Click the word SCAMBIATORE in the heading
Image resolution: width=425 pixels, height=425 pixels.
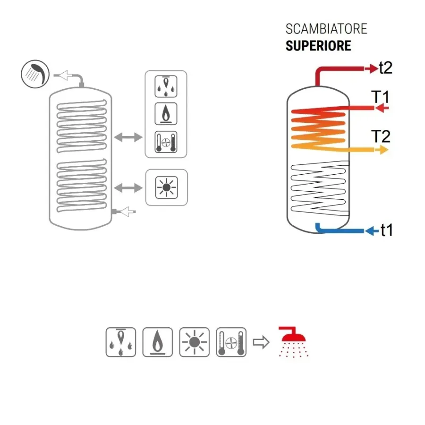(326, 29)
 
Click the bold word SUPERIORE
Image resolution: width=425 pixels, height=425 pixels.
(318, 46)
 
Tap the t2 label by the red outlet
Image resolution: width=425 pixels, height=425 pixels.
(386, 68)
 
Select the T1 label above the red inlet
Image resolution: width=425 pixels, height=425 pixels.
(380, 97)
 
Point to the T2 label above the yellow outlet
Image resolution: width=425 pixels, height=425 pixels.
(381, 136)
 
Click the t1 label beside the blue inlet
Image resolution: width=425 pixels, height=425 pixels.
(386, 230)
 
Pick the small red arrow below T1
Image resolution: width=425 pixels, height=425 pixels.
(382, 108)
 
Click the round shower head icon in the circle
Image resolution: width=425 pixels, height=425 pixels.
(35, 74)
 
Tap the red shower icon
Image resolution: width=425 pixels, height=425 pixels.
(294, 342)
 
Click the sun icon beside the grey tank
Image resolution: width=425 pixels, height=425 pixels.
(166, 187)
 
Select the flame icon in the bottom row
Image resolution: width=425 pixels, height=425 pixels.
(157, 342)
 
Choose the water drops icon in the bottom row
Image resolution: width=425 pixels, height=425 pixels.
(120, 342)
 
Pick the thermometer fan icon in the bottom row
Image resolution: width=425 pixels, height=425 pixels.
(231, 342)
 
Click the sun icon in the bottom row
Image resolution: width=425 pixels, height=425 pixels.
(195, 342)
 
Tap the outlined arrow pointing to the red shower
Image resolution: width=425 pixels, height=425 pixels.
(261, 342)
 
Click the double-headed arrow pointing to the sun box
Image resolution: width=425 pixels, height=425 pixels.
(128, 188)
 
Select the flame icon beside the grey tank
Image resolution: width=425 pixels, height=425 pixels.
(166, 114)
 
